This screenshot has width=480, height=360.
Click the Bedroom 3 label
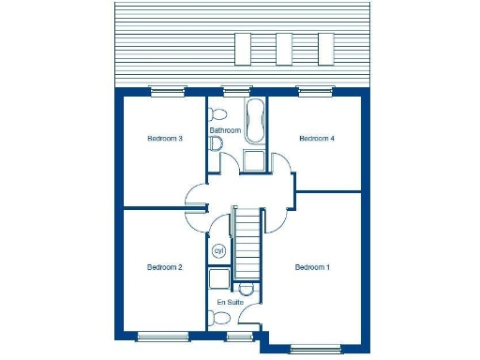click(164, 139)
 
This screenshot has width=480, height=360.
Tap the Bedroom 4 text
click(316, 139)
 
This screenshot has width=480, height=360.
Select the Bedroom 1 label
click(312, 267)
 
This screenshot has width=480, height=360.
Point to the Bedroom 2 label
click(164, 267)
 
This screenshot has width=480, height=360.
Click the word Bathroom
click(226, 130)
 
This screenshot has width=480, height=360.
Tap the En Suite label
click(230, 303)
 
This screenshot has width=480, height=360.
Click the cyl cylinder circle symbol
click(219, 251)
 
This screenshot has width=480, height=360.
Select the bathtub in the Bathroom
click(254, 120)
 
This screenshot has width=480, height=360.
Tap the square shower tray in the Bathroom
click(254, 160)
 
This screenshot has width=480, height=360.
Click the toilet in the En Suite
click(220, 319)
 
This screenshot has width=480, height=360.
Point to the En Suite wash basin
click(247, 289)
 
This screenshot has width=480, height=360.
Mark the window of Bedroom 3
click(168, 91)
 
